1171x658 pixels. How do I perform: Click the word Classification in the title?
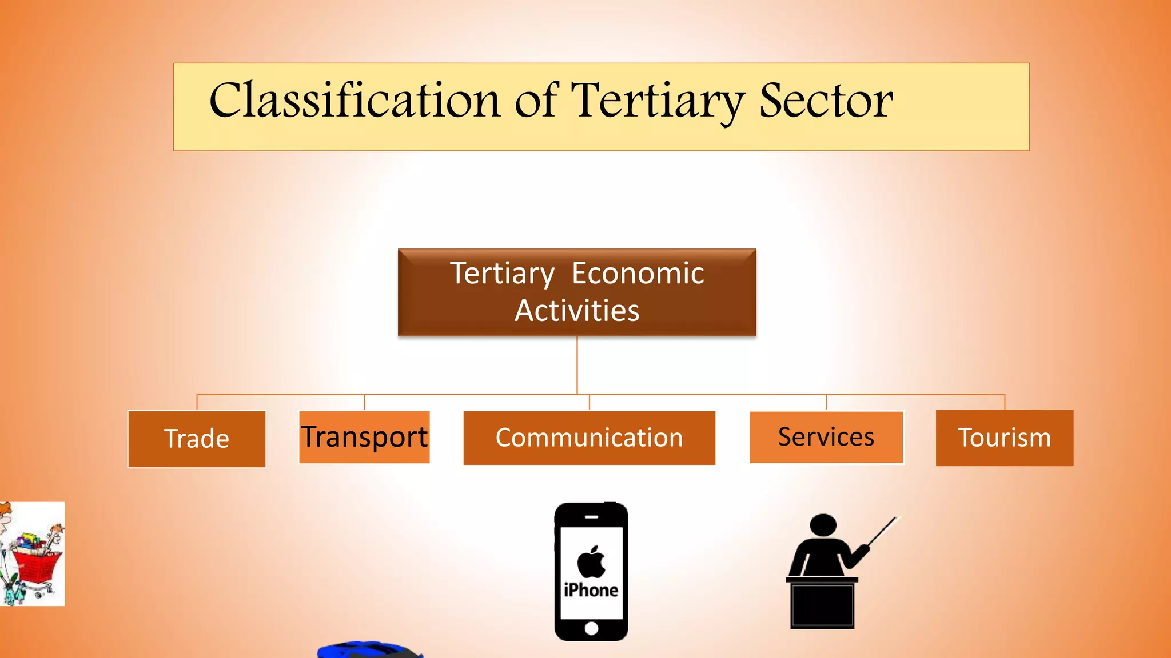tap(355, 101)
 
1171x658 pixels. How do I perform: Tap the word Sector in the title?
tap(826, 101)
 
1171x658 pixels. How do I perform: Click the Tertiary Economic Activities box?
tap(577, 292)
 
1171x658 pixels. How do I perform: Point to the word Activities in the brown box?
tap(577, 311)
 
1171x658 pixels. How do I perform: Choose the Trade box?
tap(197, 439)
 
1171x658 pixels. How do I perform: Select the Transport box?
tap(364, 437)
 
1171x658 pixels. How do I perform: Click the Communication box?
tap(589, 438)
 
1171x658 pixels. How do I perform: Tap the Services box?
tap(826, 437)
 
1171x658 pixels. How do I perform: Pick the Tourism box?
tap(1004, 438)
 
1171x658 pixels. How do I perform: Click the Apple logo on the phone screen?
tap(591, 562)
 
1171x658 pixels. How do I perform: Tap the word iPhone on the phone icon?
tap(591, 590)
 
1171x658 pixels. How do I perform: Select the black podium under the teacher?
tap(822, 605)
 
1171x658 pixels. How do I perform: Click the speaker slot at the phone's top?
tap(591, 517)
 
